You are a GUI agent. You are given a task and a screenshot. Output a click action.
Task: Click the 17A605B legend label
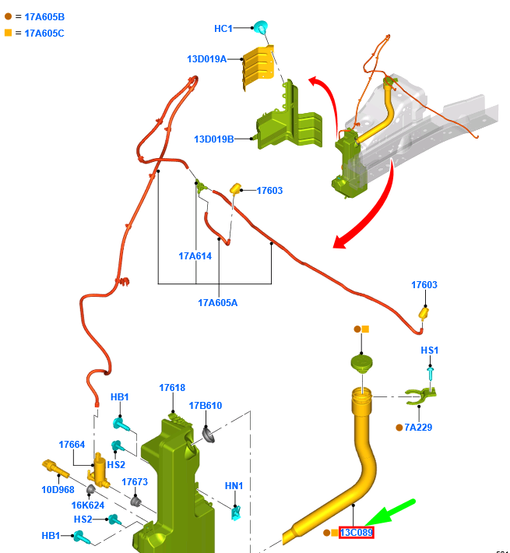[44, 17]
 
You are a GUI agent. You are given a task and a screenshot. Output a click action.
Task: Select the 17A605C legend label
[44, 33]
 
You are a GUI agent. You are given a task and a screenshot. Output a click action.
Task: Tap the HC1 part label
[223, 29]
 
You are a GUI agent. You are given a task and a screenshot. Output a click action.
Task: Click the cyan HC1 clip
[261, 26]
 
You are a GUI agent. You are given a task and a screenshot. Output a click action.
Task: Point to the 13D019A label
[207, 59]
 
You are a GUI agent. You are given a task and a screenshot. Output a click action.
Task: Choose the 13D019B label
[214, 139]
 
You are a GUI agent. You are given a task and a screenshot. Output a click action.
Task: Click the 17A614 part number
[195, 256]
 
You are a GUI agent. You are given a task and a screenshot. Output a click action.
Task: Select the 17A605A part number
[218, 303]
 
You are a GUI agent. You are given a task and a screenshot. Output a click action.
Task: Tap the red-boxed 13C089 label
[357, 532]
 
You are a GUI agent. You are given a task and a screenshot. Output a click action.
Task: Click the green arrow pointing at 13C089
[391, 512]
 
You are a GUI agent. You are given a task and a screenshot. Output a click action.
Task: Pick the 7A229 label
[418, 428]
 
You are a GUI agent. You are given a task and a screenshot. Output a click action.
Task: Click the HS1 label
[430, 350]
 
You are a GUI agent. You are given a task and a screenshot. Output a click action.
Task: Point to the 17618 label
[172, 388]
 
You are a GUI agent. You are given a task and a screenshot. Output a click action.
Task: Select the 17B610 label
[206, 406]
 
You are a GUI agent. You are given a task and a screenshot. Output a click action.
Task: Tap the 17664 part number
[72, 445]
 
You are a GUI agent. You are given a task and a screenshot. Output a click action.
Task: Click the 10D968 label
[58, 489]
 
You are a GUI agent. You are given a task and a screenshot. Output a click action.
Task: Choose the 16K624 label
[88, 505]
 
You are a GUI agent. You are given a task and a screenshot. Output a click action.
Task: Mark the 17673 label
[135, 482]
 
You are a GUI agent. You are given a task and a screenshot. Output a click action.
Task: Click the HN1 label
[234, 486]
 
